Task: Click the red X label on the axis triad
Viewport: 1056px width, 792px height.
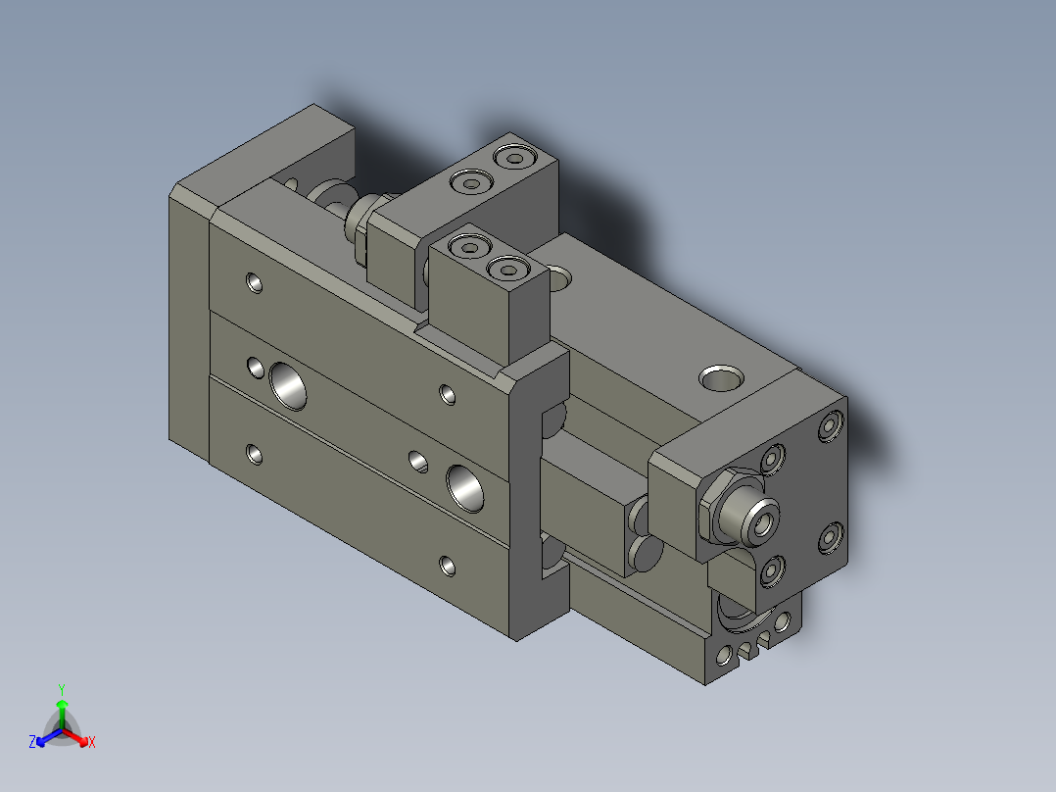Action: click(x=91, y=743)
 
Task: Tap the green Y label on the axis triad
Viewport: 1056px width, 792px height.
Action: click(x=62, y=689)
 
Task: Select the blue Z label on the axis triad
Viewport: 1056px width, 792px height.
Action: click(x=32, y=743)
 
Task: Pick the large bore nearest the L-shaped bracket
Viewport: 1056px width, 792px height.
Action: click(x=464, y=487)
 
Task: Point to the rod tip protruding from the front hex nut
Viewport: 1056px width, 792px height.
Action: click(x=761, y=520)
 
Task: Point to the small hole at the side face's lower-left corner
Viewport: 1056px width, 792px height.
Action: click(x=255, y=454)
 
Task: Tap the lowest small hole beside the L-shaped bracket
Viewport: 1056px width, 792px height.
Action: click(x=447, y=566)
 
